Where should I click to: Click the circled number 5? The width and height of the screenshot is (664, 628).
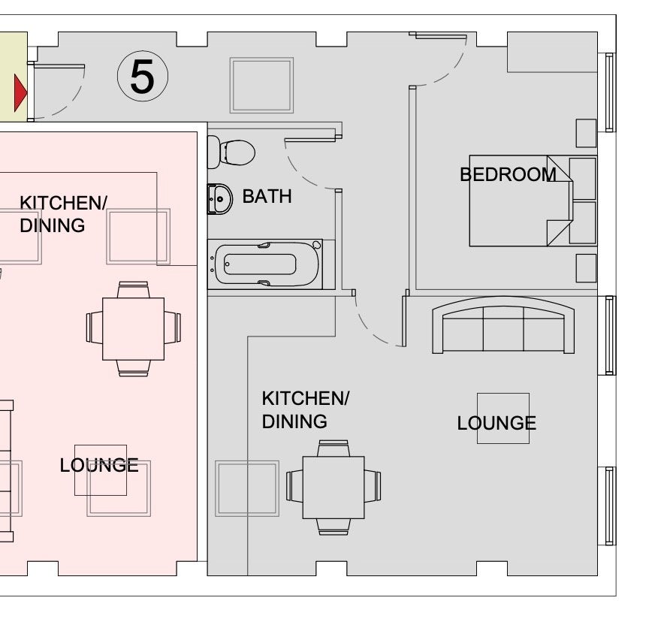point(143,76)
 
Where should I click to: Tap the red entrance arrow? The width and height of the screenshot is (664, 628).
point(20,92)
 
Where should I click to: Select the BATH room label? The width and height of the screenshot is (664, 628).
point(267,197)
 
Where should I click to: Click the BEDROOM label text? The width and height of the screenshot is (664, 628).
point(509,174)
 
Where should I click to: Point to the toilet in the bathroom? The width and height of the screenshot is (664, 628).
point(231,152)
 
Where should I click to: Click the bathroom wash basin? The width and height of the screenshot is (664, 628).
point(220,198)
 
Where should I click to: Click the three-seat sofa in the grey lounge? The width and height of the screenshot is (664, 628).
point(503,325)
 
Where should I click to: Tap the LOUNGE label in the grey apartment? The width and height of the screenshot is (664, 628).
point(496,423)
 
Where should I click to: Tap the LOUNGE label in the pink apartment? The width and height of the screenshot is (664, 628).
point(99,465)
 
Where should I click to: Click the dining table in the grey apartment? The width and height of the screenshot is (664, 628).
point(334,488)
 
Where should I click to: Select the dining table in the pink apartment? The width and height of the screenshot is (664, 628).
point(134,329)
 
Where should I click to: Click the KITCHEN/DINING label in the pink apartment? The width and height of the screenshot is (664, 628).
point(63,214)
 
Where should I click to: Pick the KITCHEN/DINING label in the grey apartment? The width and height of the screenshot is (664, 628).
point(305,410)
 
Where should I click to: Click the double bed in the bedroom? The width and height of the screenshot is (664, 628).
point(521,201)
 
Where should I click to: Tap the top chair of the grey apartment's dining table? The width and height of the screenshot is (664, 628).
point(334,448)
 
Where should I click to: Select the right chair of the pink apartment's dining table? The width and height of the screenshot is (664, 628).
point(172,328)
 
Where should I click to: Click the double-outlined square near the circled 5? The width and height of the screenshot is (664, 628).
point(261,86)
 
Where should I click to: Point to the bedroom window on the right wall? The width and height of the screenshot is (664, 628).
point(610,92)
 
